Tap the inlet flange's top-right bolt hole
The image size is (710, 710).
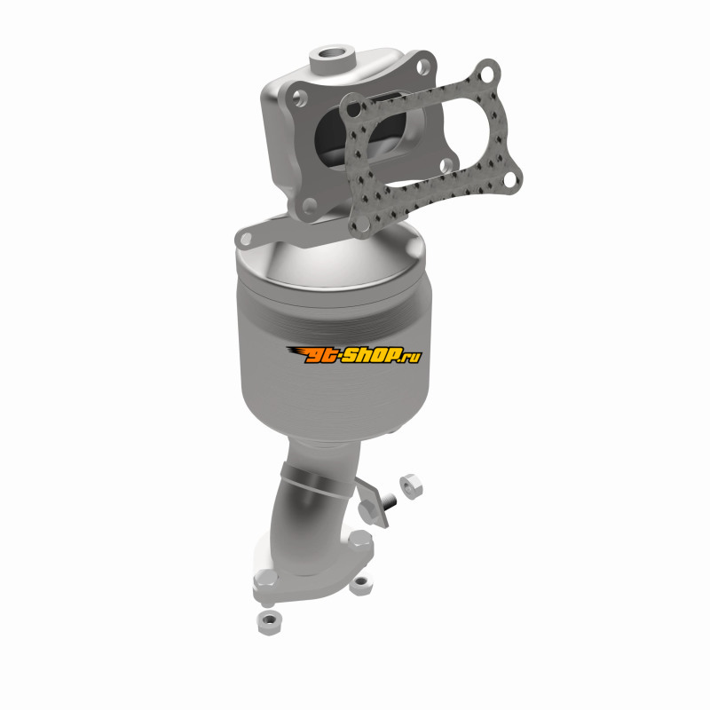coord(423,67)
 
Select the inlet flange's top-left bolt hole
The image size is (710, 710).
coord(299,98)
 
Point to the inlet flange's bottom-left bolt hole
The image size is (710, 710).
coord(310,206)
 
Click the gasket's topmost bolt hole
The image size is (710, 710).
coord(486,73)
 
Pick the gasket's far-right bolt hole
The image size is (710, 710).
coord(510,179)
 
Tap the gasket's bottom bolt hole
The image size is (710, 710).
coord(362,223)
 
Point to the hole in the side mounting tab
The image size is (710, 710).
coord(246,238)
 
